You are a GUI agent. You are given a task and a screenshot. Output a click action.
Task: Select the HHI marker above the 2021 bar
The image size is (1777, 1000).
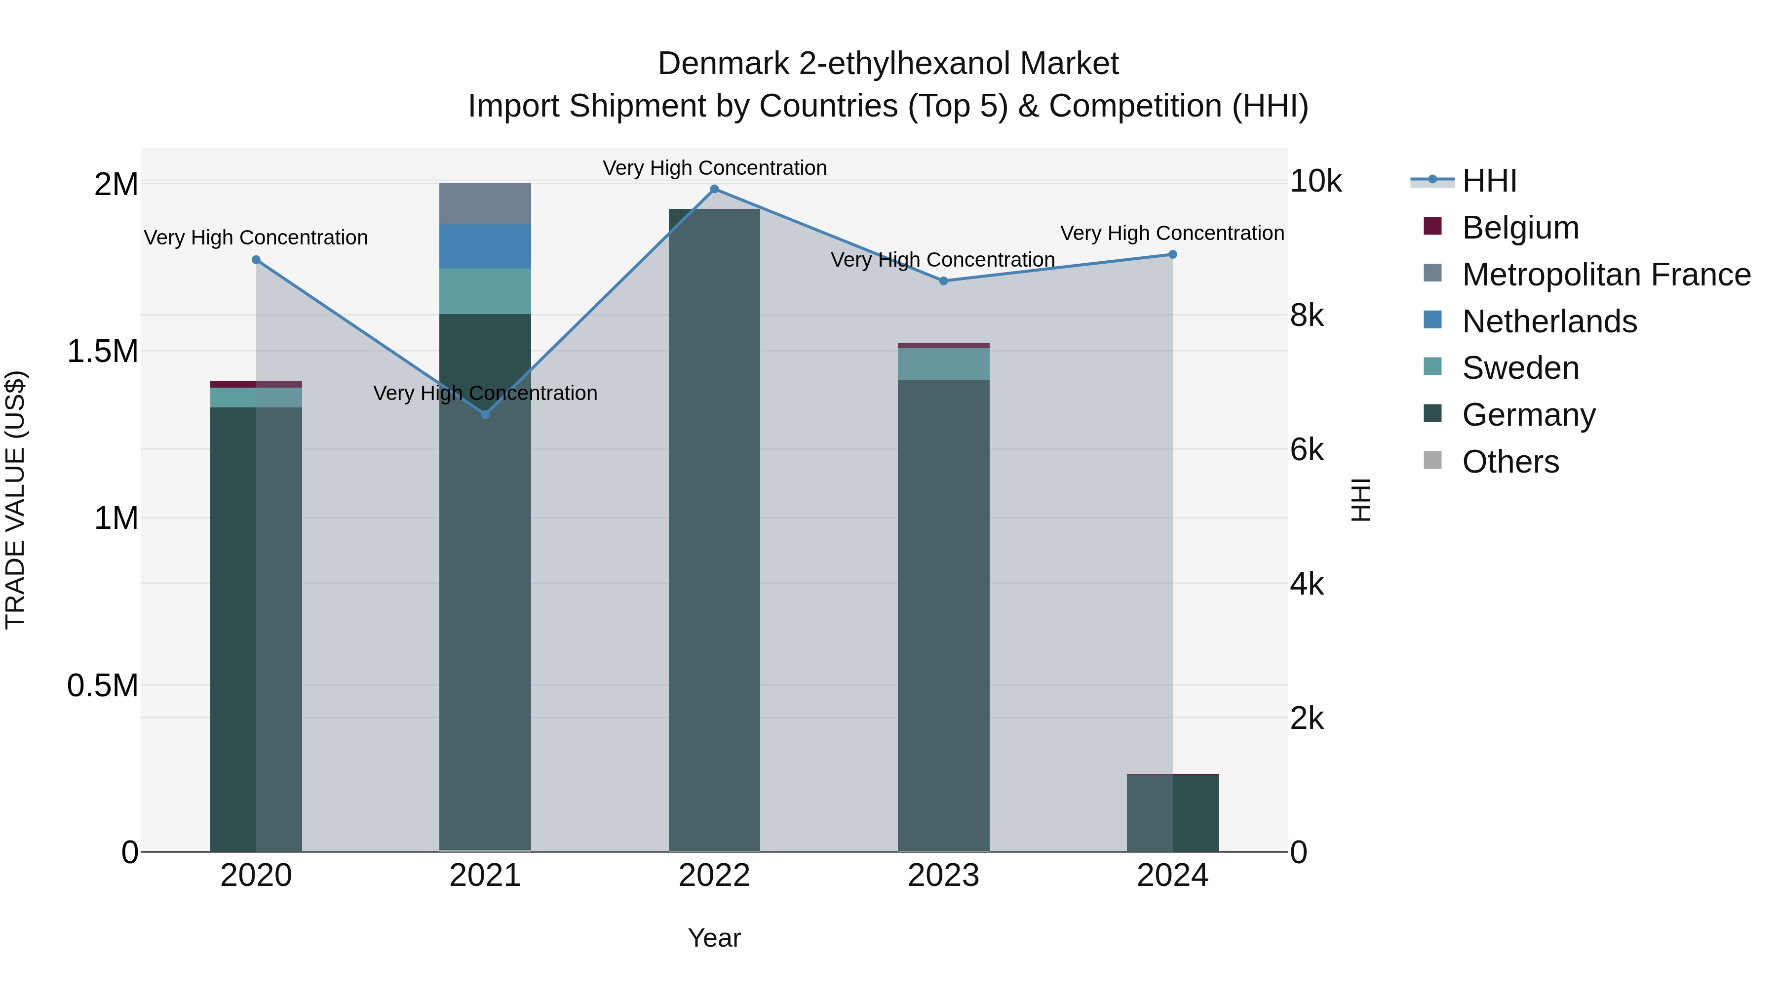click(x=485, y=414)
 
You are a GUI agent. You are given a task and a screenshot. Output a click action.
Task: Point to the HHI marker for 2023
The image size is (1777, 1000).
click(x=944, y=281)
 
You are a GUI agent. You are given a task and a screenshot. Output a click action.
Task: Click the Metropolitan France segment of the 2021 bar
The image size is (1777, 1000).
click(x=485, y=203)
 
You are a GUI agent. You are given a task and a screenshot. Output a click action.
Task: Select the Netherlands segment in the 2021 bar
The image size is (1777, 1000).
click(x=485, y=246)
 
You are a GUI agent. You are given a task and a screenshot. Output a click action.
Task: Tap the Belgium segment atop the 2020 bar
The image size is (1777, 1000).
click(x=256, y=384)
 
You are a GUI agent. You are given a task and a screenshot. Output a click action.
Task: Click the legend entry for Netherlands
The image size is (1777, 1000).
click(x=1548, y=321)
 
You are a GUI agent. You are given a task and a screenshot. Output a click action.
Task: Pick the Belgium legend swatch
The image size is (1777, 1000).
click(x=1433, y=226)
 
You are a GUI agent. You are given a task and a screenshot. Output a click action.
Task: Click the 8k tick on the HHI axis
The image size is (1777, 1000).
click(x=1307, y=316)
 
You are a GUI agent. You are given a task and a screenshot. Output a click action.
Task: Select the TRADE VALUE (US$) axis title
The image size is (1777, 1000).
click(x=15, y=500)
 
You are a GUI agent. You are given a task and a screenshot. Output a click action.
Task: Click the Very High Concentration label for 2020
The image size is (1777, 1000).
click(x=256, y=238)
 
